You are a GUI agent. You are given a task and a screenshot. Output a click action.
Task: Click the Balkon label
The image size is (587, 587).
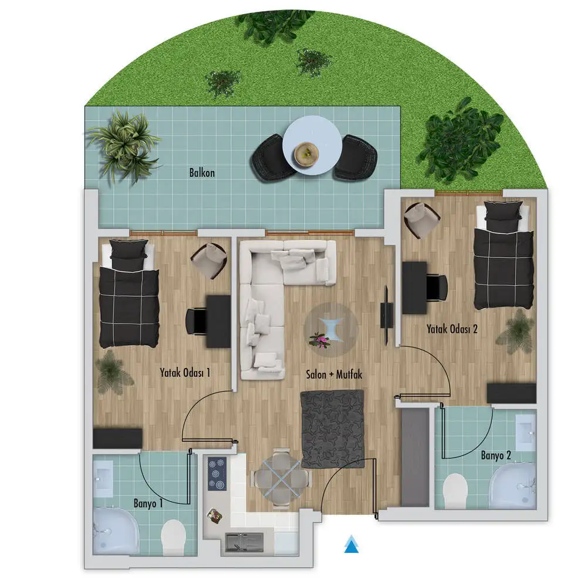202,173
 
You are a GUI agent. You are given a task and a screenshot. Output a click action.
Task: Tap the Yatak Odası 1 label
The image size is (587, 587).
185,373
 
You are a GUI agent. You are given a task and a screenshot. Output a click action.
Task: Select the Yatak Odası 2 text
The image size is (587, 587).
452,329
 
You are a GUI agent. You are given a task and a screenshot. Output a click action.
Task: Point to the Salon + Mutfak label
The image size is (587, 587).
334,374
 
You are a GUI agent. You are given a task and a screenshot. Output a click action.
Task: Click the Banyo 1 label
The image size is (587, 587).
149,503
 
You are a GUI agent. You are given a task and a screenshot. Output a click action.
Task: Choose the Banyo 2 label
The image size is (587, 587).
495,456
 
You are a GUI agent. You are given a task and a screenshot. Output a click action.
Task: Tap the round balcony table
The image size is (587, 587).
312,145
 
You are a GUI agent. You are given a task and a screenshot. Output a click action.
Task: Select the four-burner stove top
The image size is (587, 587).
217,474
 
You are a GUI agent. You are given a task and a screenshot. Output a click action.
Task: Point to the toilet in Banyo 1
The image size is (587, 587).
173,536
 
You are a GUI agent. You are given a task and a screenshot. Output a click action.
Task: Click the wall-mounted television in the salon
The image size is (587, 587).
387,315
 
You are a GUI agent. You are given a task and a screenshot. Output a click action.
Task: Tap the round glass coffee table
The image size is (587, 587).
331,329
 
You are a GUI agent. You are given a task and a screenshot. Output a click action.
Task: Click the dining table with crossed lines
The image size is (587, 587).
282,478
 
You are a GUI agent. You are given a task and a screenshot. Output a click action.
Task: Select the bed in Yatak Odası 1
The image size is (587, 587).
129,293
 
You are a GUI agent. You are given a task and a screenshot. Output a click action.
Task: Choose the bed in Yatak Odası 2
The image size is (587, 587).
504,255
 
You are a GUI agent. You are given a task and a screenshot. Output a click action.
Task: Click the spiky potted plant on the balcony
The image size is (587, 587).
123,146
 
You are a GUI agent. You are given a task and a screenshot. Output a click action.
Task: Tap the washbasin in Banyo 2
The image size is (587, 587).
526,432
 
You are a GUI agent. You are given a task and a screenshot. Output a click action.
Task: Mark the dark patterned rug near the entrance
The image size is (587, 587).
332,429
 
